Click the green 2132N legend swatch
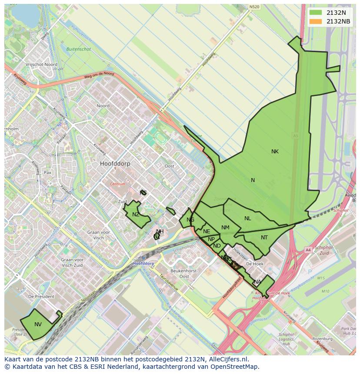[x=316, y=12]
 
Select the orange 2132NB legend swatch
[x=316, y=21]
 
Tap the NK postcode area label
[x=275, y=152]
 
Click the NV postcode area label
[x=38, y=324]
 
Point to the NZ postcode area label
[x=136, y=215]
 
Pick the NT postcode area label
[x=264, y=238]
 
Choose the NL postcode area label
[x=247, y=218]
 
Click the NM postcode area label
[x=225, y=228]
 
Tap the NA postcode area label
[x=257, y=282]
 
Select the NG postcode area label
[x=190, y=220]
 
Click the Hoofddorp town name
[x=115, y=164]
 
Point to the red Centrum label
[x=117, y=184]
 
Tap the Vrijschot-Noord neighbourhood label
[x=41, y=64]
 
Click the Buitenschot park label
[x=79, y=49]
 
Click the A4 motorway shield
[x=308, y=250]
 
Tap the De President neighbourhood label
[x=41, y=296]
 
